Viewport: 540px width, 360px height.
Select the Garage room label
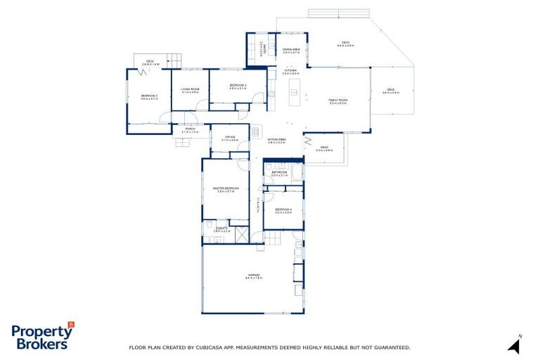coord(253,276)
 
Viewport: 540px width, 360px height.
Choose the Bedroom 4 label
coord(283,210)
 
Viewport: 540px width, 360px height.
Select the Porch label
coord(190,130)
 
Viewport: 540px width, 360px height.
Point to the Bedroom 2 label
coord(149,97)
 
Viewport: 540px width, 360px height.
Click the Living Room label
coord(190,90)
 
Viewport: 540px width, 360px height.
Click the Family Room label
coord(338,102)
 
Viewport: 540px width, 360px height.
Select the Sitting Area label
coord(276,141)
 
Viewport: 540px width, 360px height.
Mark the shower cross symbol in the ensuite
coord(242,235)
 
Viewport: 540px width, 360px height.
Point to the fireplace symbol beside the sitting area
coord(256,129)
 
